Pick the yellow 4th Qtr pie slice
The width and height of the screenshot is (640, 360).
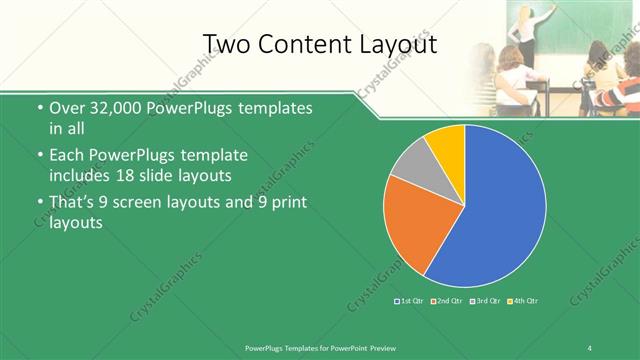(446, 147)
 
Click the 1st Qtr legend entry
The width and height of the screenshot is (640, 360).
(410, 300)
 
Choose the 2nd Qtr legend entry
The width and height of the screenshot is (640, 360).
(447, 300)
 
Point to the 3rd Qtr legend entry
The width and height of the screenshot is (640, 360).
(485, 300)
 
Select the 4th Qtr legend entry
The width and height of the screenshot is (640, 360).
(523, 300)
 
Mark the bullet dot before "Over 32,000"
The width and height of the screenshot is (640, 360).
(38, 108)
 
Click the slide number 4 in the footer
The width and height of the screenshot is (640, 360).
(590, 347)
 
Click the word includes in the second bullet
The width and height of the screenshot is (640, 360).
(80, 175)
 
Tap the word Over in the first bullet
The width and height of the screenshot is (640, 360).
(66, 108)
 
